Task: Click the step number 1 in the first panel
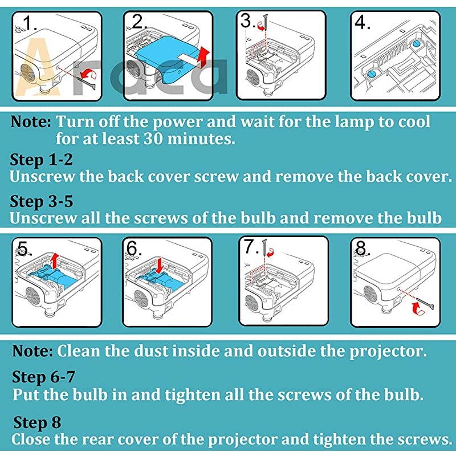click(30, 23)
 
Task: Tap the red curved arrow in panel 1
click(89, 74)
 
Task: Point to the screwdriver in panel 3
click(266, 22)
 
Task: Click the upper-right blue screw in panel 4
click(416, 44)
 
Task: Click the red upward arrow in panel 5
click(54, 260)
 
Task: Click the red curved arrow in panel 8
click(418, 308)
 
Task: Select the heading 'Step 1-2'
click(41, 160)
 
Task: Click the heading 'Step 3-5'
click(41, 202)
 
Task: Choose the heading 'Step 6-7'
click(44, 377)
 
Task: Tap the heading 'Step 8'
click(37, 422)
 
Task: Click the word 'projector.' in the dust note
click(388, 351)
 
